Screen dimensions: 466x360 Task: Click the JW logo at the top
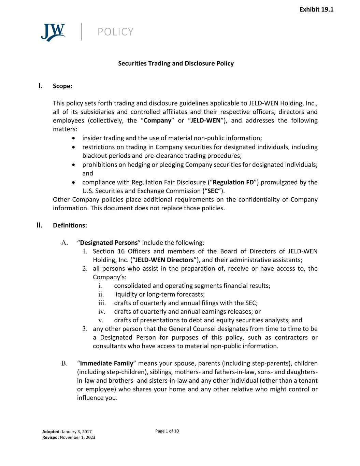[53, 32]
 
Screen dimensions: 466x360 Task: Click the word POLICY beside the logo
[115, 32]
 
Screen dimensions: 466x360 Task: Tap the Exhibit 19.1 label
[316, 10]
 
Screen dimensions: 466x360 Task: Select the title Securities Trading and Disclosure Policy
[176, 63]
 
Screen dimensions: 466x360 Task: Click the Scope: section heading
[62, 86]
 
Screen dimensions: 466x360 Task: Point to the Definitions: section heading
[70, 225]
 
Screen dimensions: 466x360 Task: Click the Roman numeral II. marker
[40, 225]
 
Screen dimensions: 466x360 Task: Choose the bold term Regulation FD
[233, 182]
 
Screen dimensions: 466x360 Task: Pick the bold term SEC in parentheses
[213, 191]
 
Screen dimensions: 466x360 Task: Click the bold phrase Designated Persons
[109, 243]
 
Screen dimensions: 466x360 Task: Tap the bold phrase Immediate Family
[106, 363]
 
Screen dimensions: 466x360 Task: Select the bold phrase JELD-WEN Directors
[164, 260]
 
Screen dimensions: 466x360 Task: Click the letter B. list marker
[64, 363]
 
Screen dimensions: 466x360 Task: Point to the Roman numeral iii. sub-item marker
[102, 303]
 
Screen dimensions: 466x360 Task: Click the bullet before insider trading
[74, 138]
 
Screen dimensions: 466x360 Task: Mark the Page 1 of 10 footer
[167, 431]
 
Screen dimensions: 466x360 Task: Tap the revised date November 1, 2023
[77, 437]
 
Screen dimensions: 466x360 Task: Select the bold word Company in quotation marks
[157, 121]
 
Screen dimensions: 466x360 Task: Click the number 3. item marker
[85, 329]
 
